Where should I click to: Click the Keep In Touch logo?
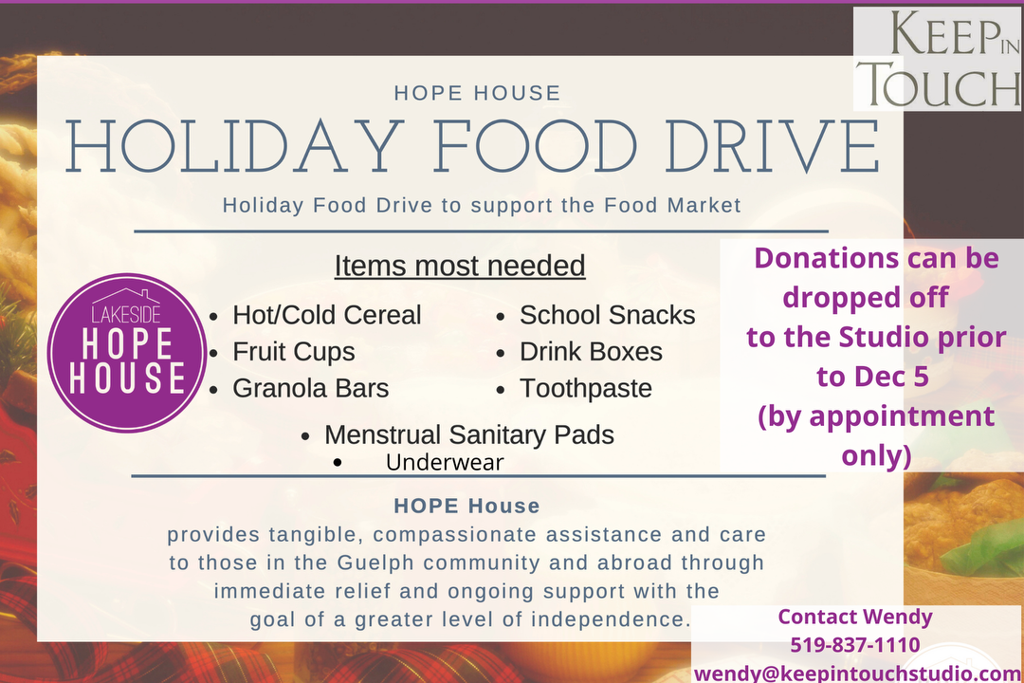click(937, 60)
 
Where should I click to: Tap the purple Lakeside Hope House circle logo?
click(127, 352)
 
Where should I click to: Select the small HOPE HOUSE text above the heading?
click(477, 93)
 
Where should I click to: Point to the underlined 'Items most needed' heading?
click(460, 266)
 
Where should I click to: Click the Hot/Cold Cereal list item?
click(326, 315)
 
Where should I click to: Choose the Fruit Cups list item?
click(294, 352)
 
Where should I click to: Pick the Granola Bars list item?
click(311, 388)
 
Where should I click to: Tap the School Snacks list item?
click(608, 315)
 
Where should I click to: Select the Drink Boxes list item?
click(591, 352)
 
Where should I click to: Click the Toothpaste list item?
click(586, 389)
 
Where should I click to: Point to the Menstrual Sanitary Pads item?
click(469, 434)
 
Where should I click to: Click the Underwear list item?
click(445, 462)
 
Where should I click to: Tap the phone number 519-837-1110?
click(855, 644)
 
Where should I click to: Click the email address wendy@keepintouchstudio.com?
click(857, 674)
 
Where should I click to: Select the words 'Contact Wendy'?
click(855, 617)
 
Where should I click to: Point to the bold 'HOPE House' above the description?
click(466, 506)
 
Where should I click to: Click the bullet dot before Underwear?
click(337, 463)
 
